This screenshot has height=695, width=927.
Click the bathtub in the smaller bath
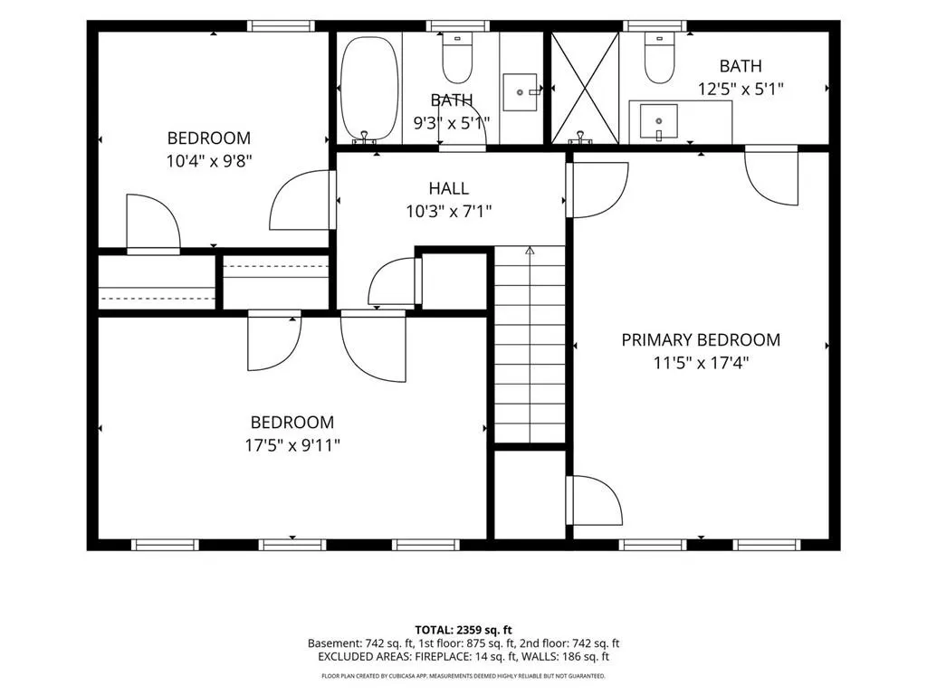point(369,90)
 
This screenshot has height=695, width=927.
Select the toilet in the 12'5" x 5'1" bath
point(659,58)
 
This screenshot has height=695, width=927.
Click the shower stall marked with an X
point(585,88)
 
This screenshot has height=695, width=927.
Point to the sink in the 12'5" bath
point(659,122)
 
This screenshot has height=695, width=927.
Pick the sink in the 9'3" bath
point(521,92)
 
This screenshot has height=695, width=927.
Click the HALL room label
point(449,188)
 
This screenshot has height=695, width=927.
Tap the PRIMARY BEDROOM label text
point(701,340)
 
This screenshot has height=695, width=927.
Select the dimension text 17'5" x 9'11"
point(292,445)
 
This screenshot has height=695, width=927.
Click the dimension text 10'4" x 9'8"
point(209,161)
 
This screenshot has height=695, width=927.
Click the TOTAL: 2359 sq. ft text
point(463,630)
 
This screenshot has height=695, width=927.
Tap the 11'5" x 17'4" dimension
point(701,362)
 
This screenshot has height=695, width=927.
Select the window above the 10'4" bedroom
point(280,25)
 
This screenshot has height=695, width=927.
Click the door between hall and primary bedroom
point(596,190)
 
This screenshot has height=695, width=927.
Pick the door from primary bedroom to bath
point(771,175)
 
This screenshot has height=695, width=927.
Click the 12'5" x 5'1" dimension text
point(741,90)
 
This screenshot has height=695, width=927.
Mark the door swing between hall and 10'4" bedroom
point(301,200)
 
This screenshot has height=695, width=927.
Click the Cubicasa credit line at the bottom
point(463,675)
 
